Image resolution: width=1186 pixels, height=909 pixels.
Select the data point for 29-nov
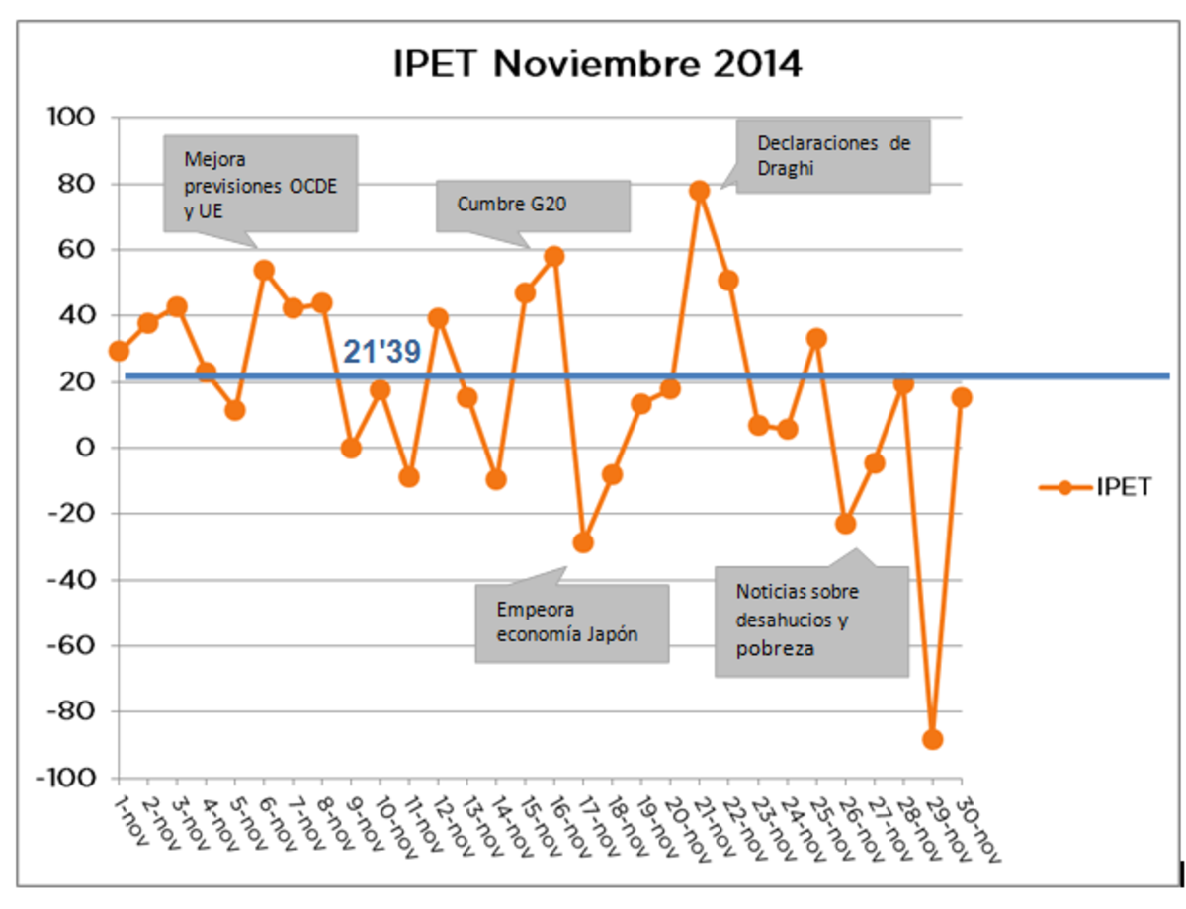[x=932, y=739]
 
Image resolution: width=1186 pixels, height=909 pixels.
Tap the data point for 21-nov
[x=700, y=191]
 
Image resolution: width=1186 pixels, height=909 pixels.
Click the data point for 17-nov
[x=583, y=542]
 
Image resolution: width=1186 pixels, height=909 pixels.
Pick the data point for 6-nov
[x=264, y=270]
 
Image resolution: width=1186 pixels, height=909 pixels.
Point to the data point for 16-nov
[x=554, y=256]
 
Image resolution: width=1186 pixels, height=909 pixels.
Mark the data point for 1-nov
[x=120, y=351]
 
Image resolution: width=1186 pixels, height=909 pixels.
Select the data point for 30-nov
[x=962, y=397]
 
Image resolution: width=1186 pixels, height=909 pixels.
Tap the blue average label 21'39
[x=382, y=353]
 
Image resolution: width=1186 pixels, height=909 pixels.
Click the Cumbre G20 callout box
[x=533, y=206]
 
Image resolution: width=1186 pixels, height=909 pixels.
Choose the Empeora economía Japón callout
[x=571, y=622]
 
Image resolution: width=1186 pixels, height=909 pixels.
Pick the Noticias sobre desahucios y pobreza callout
[x=810, y=621]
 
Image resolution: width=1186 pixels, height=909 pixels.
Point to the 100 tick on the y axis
[x=74, y=118]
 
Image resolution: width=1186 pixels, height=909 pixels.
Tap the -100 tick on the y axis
[x=68, y=778]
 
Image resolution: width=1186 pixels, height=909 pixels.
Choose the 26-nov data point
[x=845, y=524]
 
